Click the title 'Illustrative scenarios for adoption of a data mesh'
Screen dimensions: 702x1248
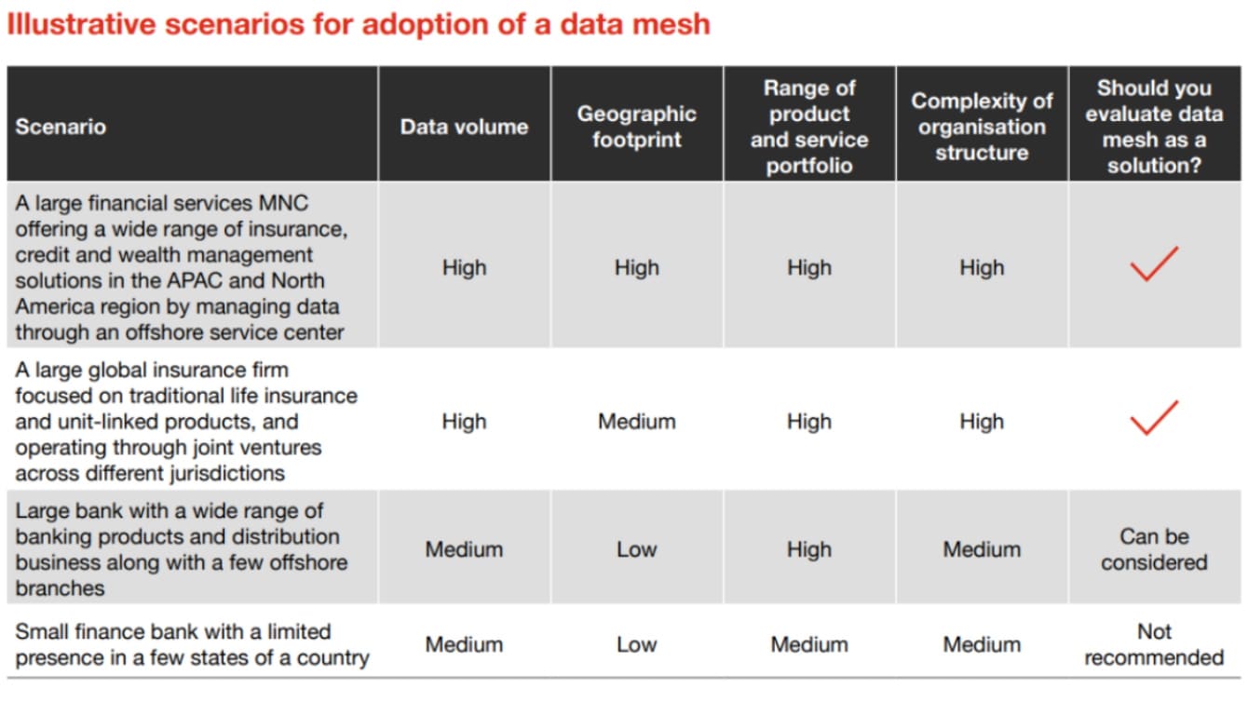358,24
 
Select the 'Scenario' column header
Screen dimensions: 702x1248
61,127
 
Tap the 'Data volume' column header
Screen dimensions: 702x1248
464,127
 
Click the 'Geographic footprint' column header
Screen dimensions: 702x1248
636,127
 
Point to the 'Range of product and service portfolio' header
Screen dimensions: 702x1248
808,127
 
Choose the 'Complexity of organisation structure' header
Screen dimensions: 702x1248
982,127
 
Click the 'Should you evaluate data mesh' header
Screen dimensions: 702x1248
1154,127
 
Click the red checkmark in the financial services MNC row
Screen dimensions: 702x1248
1154,264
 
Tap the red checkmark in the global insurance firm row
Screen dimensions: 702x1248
1154,418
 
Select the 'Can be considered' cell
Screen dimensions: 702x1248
1154,549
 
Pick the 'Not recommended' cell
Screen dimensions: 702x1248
1154,644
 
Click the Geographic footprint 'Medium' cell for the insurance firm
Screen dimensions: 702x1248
636,422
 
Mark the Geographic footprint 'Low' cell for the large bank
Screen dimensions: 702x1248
636,549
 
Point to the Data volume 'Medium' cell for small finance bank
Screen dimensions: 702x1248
464,644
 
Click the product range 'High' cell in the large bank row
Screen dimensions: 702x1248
808,549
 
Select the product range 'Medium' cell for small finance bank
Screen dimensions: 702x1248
808,644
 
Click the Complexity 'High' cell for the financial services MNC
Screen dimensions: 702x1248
982,268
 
